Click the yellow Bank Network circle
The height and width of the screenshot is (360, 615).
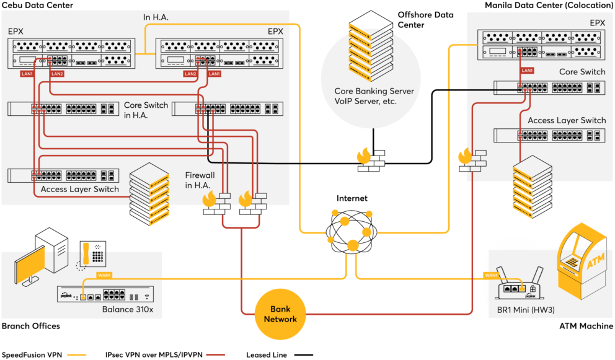tap(280, 314)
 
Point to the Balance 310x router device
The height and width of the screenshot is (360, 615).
tap(105, 294)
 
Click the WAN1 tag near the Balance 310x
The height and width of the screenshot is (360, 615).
tap(104, 275)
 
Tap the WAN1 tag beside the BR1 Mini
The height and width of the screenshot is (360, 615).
tap(490, 275)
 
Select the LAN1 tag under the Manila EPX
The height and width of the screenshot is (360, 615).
tap(527, 71)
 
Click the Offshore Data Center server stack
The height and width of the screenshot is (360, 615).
tap(371, 46)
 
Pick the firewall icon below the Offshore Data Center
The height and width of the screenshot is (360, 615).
tap(371, 160)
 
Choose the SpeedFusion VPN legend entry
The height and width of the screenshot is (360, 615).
tap(44, 355)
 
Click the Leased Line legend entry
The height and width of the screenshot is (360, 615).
tap(280, 355)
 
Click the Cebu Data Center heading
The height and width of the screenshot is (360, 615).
tap(38, 5)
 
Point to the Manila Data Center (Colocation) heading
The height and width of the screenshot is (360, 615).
tap(549, 5)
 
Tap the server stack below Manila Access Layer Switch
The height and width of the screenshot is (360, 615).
tap(533, 187)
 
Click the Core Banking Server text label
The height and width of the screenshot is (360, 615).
tap(374, 91)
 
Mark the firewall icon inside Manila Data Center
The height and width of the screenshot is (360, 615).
tap(472, 160)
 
